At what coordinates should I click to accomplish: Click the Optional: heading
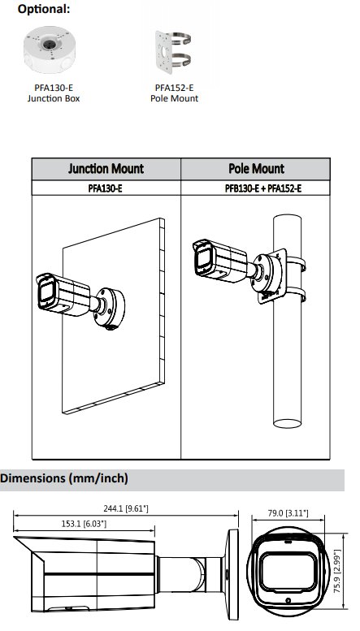[44, 9]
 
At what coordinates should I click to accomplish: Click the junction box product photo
[50, 49]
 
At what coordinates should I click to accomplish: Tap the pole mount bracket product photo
[173, 52]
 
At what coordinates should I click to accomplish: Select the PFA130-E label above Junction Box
[54, 88]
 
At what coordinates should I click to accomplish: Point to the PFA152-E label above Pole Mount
[175, 88]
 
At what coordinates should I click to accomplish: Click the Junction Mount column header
[106, 169]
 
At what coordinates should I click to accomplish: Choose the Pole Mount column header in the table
[256, 169]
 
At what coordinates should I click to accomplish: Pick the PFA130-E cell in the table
[105, 188]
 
